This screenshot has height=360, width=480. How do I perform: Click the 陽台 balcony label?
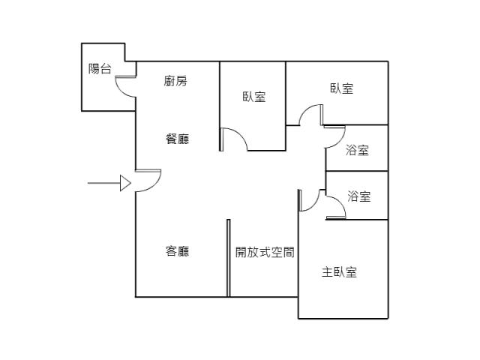[x=100, y=68]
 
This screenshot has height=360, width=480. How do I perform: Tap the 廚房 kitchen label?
[x=175, y=81]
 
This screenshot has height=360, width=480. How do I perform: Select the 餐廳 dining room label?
[x=177, y=139]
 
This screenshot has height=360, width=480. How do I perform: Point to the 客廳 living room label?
[x=177, y=251]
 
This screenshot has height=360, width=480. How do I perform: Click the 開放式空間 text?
[x=265, y=252]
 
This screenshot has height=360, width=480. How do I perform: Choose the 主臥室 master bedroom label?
[x=339, y=272]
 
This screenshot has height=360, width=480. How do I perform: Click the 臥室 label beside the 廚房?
[x=253, y=97]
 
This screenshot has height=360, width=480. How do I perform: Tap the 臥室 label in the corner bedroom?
[x=342, y=88]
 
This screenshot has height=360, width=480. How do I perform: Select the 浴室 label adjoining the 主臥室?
[x=358, y=196]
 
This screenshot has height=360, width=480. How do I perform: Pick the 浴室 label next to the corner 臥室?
[x=357, y=150]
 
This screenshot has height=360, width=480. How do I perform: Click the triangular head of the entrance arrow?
[x=125, y=183]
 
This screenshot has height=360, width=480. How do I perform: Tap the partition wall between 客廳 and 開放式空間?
[x=228, y=258]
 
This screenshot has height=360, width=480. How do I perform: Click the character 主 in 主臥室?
[x=327, y=272]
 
